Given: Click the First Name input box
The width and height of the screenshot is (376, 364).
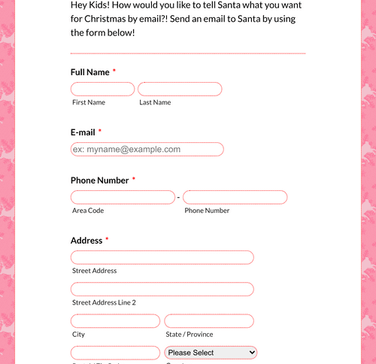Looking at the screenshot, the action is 102,89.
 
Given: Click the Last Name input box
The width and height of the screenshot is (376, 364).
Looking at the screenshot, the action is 180,89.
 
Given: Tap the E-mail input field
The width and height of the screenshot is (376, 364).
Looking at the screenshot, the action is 147,150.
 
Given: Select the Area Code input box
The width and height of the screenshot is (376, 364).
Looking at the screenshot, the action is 123,198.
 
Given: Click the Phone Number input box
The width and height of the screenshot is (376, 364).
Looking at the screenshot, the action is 235,198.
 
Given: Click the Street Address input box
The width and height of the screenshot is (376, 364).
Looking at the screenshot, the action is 162,258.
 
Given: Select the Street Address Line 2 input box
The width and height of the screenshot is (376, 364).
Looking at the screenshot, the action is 162,290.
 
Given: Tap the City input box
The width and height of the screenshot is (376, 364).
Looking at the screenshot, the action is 115,321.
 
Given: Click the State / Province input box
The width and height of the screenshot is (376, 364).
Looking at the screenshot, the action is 209,321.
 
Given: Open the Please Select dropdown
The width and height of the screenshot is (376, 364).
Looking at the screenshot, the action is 211,353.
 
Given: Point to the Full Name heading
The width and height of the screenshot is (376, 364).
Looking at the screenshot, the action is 90,72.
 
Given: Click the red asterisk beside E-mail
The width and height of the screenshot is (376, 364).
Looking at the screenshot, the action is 100,132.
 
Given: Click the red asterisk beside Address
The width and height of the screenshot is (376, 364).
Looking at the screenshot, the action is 107,240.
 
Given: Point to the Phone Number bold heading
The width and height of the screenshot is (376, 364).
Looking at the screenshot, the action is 100,180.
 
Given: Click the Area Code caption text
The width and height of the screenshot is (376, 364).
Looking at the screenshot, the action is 88,211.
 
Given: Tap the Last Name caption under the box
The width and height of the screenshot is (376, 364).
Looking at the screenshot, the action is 155,102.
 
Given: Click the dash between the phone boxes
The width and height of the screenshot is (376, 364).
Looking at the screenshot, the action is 178,198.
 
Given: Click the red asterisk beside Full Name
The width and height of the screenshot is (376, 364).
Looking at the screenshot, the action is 114,71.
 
